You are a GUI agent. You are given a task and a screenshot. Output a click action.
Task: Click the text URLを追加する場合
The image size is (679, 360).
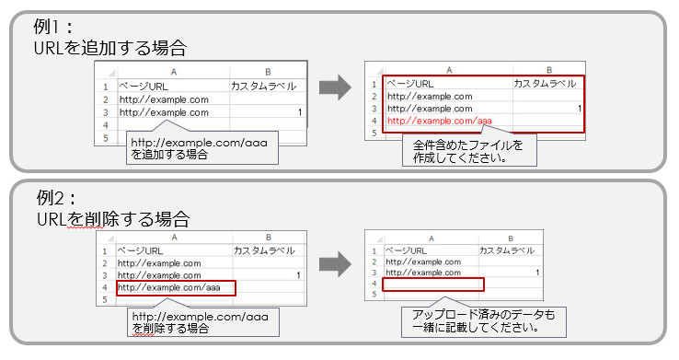[116, 47]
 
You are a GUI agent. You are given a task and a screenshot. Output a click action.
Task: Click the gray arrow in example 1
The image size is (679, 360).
[336, 88]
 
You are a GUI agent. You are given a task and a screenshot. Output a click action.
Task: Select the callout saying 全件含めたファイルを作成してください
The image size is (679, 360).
[466, 151]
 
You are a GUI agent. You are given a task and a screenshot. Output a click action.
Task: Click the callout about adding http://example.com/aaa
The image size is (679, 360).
[199, 148]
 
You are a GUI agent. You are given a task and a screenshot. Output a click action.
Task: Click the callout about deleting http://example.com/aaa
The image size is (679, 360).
[199, 321]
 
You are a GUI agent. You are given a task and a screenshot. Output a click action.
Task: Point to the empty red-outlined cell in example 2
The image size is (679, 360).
[432, 285]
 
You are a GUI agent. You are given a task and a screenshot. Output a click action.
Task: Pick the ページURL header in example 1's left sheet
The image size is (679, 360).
[144, 87]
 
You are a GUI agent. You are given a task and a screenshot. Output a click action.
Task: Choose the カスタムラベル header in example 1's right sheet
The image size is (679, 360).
[545, 83]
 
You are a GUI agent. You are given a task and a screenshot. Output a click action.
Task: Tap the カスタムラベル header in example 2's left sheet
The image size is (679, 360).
[264, 250]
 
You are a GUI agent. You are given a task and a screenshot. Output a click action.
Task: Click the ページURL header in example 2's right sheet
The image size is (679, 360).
[408, 250]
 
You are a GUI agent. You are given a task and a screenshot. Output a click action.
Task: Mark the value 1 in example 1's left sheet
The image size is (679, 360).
[300, 112]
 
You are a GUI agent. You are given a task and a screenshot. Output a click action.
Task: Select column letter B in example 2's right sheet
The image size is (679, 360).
[511, 237]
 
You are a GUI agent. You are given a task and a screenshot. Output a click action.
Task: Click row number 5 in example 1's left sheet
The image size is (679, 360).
[107, 138]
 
